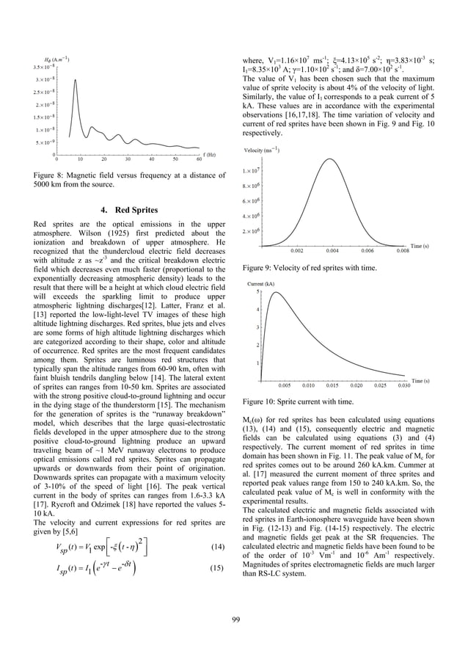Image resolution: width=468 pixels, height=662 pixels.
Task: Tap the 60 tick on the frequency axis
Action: [x=200, y=159]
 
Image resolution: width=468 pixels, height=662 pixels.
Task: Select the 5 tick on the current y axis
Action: [x=255, y=291]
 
